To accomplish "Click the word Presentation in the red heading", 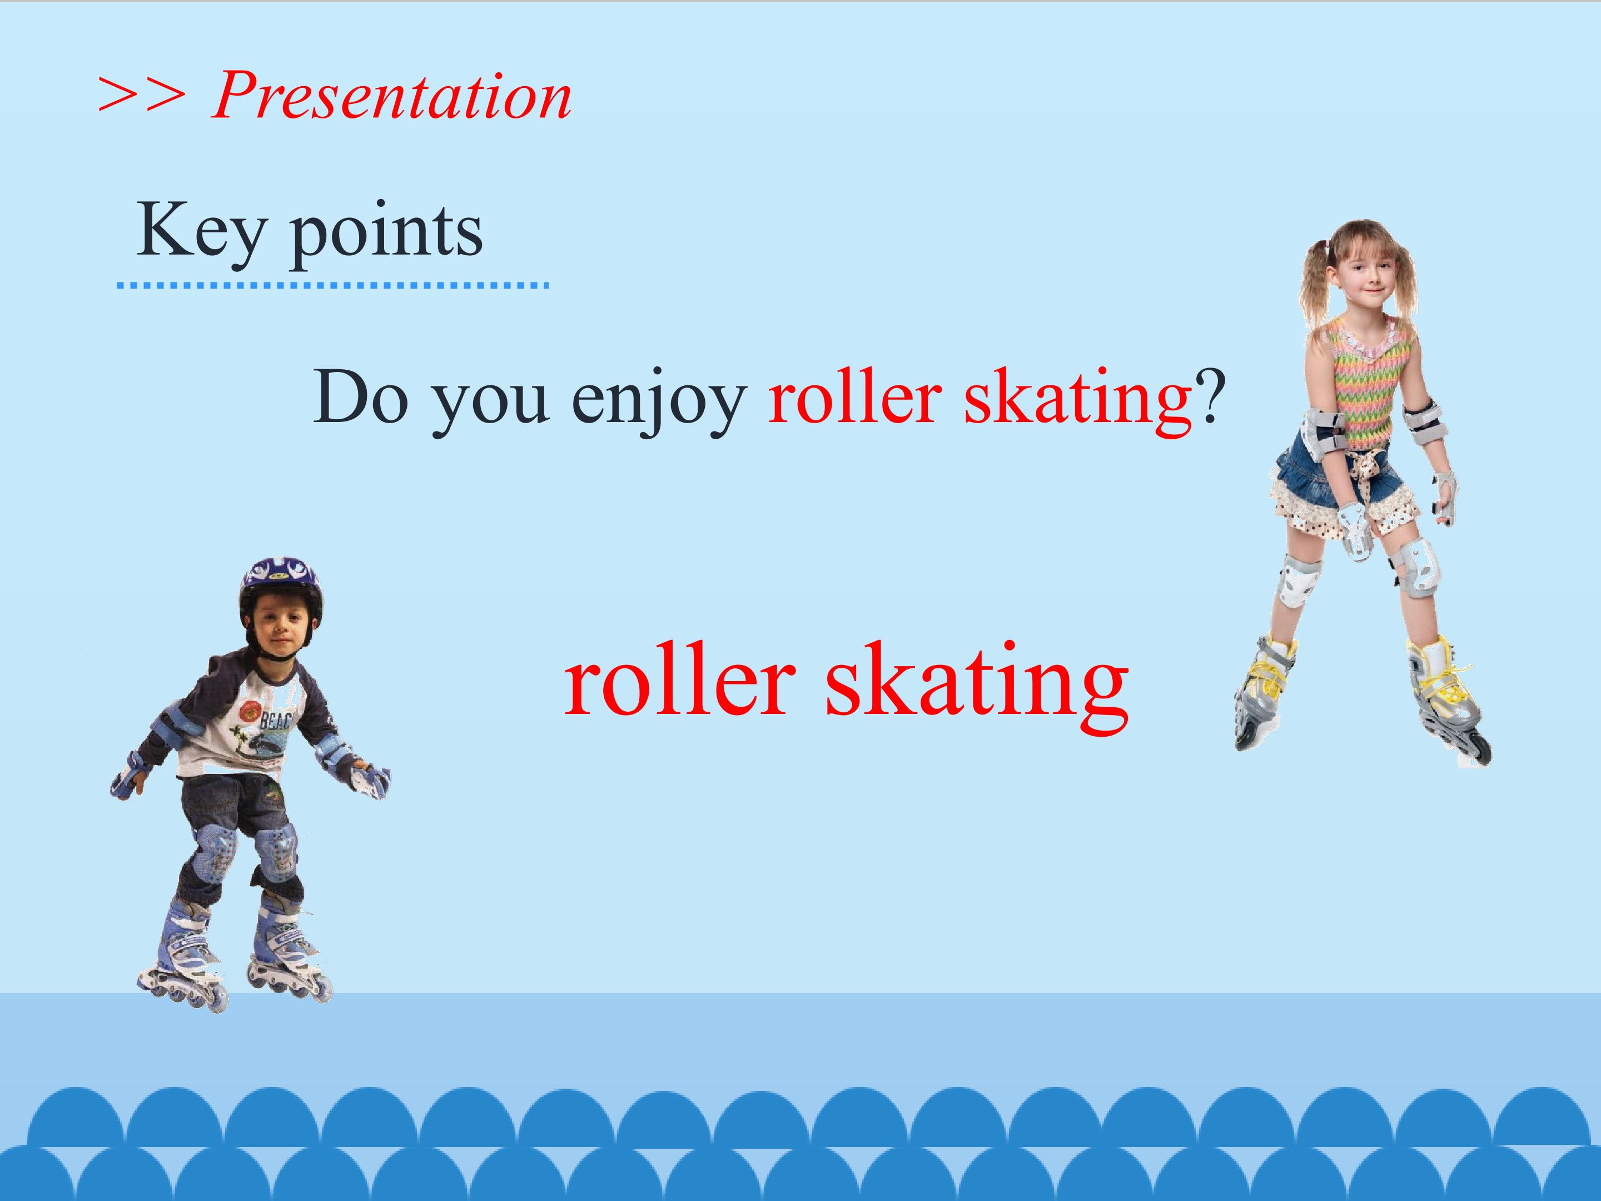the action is [x=391, y=96].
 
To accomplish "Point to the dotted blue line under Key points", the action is [x=333, y=286].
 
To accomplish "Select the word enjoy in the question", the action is [x=659, y=402].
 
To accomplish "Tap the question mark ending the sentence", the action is [x=1210, y=396].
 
